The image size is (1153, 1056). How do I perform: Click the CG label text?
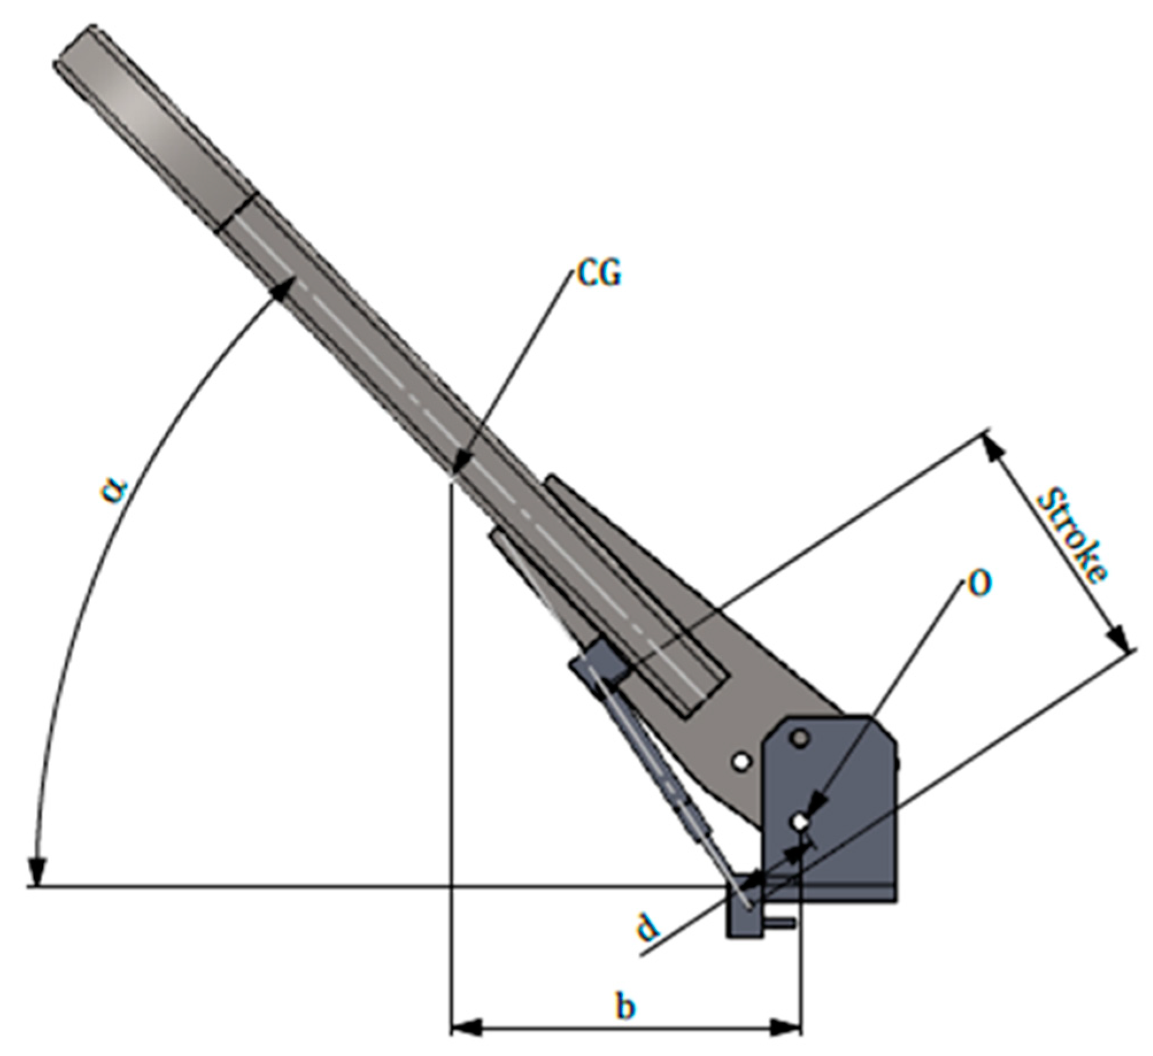tap(599, 275)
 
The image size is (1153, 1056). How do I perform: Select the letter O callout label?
tap(980, 584)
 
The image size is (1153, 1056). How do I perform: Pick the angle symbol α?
tap(114, 490)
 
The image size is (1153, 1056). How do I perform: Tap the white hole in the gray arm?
tap(742, 761)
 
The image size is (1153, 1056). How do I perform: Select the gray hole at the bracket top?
tap(799, 738)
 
